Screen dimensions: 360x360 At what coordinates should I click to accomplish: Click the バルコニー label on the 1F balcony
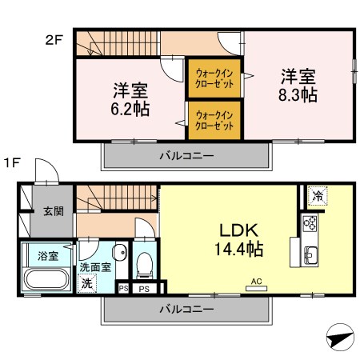pos(185,308)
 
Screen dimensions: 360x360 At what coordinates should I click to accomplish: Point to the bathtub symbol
pos(47,281)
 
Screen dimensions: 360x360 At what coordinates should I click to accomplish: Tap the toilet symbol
pos(145,262)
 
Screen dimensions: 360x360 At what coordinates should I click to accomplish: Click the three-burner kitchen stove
pos(310,223)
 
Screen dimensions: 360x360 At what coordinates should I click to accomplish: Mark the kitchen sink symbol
pos(311,255)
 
